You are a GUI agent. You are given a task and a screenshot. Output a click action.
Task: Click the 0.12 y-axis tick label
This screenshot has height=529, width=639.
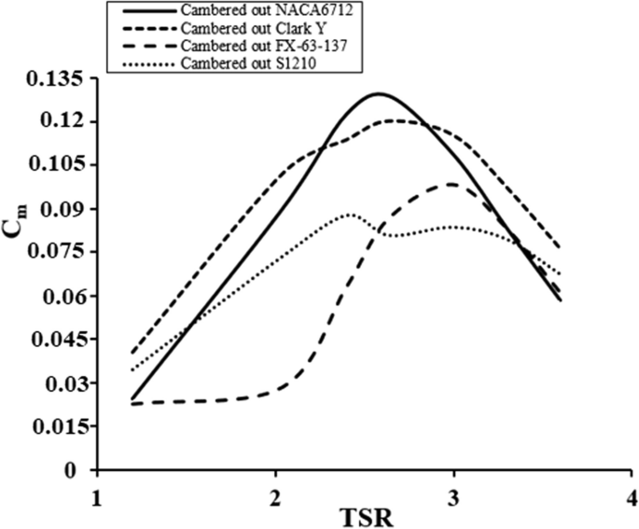(63, 121)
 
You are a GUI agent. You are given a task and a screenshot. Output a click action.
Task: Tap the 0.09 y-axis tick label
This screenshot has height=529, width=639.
(63, 209)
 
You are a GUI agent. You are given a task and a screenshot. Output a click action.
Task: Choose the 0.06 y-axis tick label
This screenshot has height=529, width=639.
(63, 296)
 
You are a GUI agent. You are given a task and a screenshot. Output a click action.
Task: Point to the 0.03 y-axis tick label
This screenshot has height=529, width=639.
(63, 383)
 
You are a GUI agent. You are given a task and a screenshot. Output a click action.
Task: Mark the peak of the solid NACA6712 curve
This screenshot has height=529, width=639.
(378, 93)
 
